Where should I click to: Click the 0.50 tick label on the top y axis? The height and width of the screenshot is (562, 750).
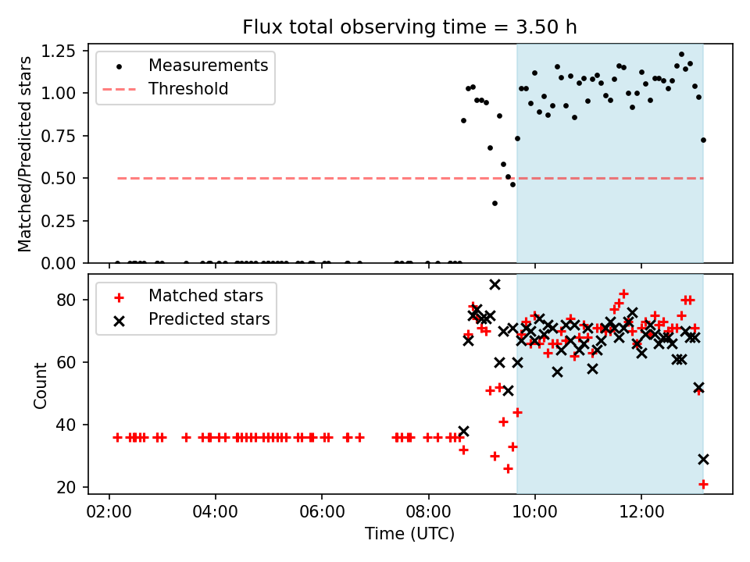[58, 178]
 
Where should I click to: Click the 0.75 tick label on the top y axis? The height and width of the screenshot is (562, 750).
[58, 136]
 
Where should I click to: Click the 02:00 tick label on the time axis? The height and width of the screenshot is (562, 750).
[109, 512]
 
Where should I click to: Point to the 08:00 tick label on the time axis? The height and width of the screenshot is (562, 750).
[429, 512]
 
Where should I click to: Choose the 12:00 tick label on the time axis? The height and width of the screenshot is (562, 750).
[641, 512]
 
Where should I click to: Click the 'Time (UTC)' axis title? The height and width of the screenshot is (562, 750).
[410, 533]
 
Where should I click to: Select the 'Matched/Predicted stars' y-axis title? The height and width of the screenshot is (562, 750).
[24, 154]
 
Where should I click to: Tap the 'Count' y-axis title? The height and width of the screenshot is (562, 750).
[40, 385]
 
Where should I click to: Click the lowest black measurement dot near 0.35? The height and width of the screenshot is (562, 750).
[495, 204]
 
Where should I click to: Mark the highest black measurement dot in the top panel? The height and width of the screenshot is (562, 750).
[681, 55]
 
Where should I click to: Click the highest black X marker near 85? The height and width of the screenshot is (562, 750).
[495, 285]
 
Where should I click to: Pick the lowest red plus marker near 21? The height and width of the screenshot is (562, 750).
[703, 485]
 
